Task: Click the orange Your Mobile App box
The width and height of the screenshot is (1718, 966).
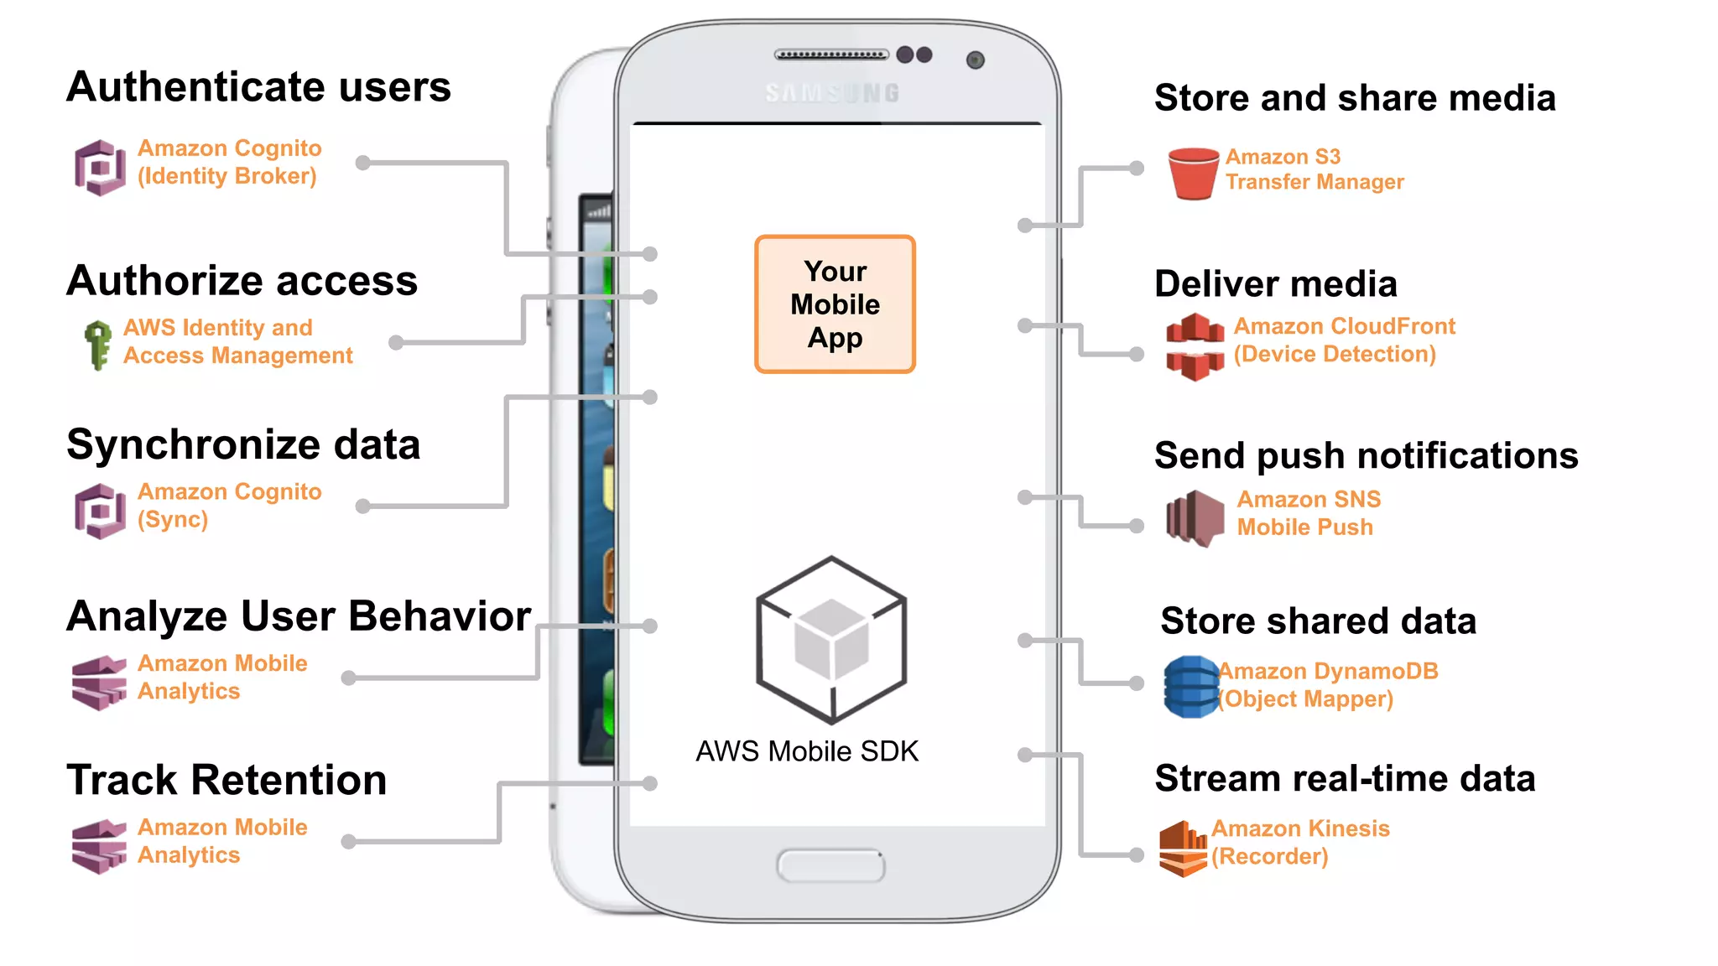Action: click(x=835, y=304)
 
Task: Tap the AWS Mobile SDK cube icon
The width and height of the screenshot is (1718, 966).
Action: click(x=831, y=640)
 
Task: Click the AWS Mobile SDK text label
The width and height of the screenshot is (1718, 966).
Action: click(x=807, y=751)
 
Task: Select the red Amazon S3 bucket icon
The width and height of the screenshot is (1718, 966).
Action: click(x=1193, y=173)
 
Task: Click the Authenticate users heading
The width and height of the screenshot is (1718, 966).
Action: click(x=258, y=86)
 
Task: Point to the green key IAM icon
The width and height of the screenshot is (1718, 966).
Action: click(x=98, y=344)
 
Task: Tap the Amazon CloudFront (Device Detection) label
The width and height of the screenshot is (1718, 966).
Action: click(x=1343, y=340)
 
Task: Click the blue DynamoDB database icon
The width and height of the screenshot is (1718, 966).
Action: click(x=1191, y=687)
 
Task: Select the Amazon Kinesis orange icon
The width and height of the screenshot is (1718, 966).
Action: click(x=1183, y=849)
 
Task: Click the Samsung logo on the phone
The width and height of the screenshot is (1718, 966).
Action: click(x=832, y=93)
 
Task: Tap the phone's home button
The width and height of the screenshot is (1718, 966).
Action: click(x=830, y=865)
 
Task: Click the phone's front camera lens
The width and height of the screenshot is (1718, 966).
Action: click(x=975, y=60)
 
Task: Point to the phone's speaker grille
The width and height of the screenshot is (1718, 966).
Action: click(x=830, y=55)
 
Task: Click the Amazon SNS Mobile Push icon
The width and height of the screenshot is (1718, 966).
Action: click(x=1195, y=517)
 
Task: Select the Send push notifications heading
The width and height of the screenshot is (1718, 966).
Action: click(x=1366, y=455)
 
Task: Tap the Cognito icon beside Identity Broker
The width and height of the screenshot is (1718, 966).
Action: click(x=100, y=167)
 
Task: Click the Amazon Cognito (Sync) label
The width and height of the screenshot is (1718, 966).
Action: click(x=229, y=505)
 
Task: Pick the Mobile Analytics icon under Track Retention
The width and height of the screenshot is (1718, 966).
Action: click(x=99, y=846)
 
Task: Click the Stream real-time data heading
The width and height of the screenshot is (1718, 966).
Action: click(x=1345, y=778)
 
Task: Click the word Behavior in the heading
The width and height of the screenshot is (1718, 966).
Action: click(x=440, y=616)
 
